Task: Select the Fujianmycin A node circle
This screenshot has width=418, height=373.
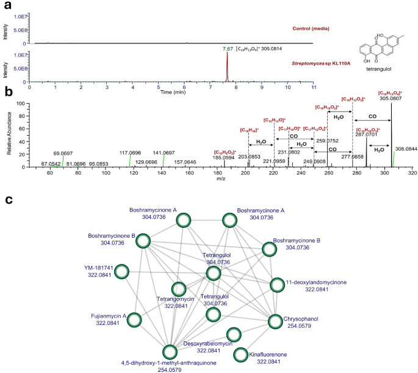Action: (135, 318)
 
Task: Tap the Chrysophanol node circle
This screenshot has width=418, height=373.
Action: (272, 318)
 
